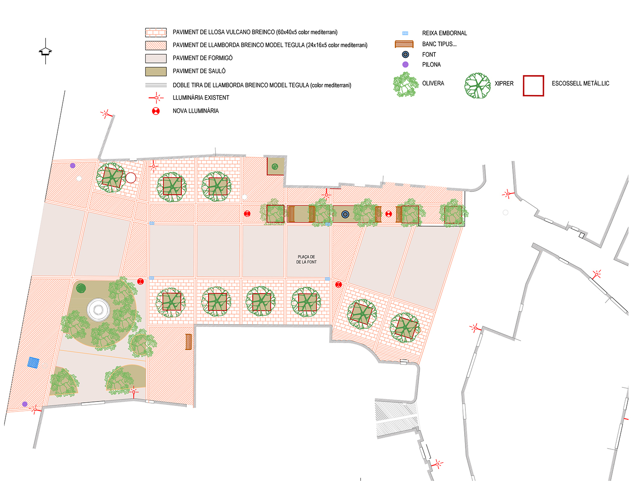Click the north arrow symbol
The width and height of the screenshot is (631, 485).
click(x=45, y=51)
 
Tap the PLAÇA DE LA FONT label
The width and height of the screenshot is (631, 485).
click(x=307, y=260)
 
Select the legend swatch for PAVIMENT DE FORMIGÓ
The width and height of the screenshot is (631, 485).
click(x=156, y=58)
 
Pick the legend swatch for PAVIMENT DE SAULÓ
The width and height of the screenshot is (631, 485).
click(x=156, y=72)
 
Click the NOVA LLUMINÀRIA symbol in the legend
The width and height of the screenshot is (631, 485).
click(x=156, y=111)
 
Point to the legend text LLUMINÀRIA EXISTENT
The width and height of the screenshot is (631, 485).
click(x=201, y=98)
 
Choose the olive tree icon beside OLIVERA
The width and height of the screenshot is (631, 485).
click(x=405, y=85)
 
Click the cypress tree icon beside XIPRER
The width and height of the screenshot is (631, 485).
click(x=477, y=86)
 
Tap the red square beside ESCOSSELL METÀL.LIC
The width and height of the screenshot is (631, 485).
click(x=533, y=86)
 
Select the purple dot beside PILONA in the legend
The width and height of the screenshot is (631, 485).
click(x=406, y=65)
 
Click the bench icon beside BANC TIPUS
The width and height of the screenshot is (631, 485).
click(x=404, y=44)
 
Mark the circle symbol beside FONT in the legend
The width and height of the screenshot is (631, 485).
click(x=406, y=55)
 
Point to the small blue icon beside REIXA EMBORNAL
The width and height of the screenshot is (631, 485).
click(x=405, y=33)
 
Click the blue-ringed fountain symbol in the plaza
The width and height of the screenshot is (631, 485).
click(x=345, y=214)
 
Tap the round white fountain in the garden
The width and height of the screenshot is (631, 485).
click(x=98, y=309)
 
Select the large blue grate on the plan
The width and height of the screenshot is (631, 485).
click(x=33, y=363)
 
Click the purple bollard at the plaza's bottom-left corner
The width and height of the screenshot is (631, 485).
click(x=25, y=404)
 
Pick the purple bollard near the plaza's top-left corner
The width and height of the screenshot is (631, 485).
click(x=73, y=165)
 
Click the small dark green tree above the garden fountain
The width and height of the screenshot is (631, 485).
click(x=81, y=288)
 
